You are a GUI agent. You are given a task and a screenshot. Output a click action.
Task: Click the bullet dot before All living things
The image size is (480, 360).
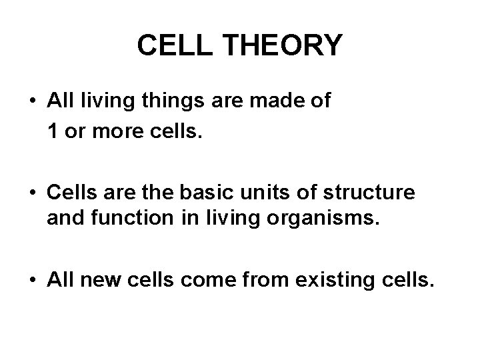click(33, 103)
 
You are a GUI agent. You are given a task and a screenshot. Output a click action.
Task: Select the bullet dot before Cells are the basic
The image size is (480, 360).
click(33, 194)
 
